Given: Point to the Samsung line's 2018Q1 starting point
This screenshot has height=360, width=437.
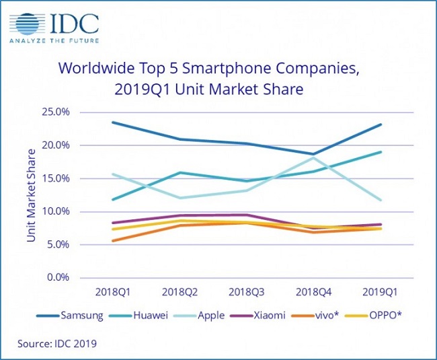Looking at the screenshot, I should (x=112, y=122).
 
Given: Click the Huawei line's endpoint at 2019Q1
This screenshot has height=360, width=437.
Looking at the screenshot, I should (x=381, y=152).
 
